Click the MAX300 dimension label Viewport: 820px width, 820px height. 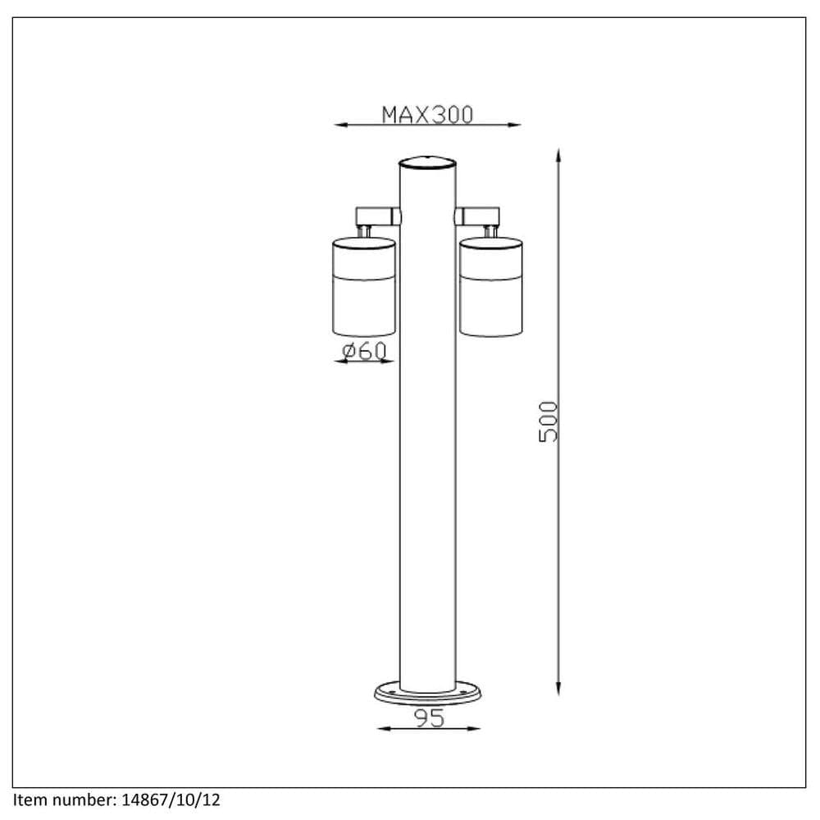click(x=427, y=114)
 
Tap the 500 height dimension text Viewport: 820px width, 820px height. click(x=548, y=421)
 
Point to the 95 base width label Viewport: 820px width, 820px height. click(x=426, y=718)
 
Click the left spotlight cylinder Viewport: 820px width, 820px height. click(x=364, y=286)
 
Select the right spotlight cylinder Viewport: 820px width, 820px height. click(x=491, y=286)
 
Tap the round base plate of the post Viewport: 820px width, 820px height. click(x=426, y=694)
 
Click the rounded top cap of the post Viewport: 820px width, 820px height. click(x=426, y=162)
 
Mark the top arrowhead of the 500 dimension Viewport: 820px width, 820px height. click(x=558, y=154)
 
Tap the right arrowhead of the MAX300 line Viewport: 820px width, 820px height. click(x=516, y=125)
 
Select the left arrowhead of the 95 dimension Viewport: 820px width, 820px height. click(x=380, y=728)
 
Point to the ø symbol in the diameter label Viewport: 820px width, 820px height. click(x=348, y=351)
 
